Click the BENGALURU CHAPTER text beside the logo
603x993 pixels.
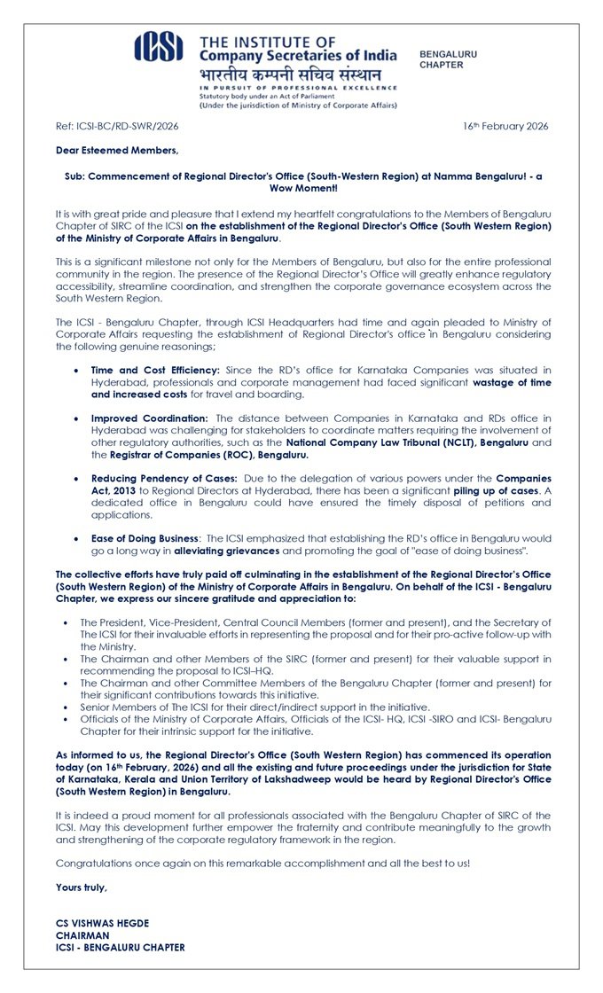(x=448, y=59)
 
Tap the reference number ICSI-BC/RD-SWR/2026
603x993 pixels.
(x=117, y=126)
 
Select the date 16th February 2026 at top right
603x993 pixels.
(x=505, y=126)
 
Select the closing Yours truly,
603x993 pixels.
(x=82, y=887)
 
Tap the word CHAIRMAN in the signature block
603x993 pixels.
(x=82, y=935)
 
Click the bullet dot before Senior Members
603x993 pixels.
(x=68, y=707)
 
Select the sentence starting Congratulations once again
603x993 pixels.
(x=262, y=863)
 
